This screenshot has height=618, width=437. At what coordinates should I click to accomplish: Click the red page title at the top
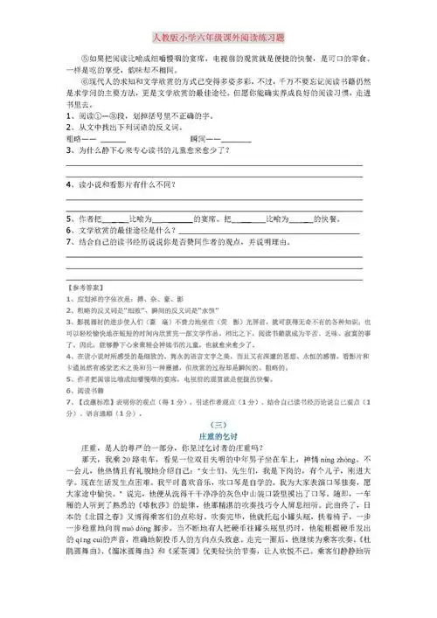click(218, 38)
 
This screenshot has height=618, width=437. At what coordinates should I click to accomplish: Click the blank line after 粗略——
click(114, 140)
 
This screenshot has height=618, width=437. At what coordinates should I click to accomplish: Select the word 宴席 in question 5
click(206, 216)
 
